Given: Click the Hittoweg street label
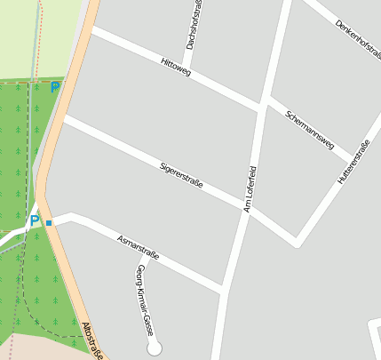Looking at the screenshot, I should [176, 68].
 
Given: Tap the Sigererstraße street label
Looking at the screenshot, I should [181, 175].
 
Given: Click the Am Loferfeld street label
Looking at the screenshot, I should [250, 188].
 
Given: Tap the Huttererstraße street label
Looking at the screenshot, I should [353, 163].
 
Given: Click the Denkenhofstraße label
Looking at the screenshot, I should [359, 39].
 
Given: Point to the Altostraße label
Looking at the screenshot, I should [92, 340].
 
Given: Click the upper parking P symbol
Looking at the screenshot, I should [55, 87].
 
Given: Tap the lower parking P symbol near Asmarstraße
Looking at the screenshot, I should [35, 220].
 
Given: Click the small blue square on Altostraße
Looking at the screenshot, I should [50, 222].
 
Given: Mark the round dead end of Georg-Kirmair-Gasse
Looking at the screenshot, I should [155, 347].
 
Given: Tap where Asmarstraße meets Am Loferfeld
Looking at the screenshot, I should [222, 290].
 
